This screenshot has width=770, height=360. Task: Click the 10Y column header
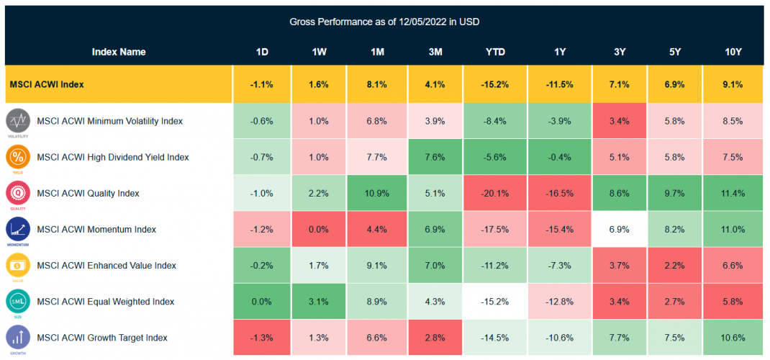pos(733,52)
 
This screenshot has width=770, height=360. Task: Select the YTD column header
pos(495,52)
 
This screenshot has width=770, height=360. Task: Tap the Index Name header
pos(119,52)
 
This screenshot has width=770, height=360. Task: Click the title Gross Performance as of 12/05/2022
pos(384,22)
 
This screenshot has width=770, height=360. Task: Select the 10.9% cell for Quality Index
pos(375,193)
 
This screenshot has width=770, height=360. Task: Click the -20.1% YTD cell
pos(495,193)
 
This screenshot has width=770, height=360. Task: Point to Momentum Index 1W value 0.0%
pos(319,229)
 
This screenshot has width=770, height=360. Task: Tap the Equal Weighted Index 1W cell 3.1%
pos(319,301)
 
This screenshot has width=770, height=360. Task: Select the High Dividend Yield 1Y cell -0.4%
pos(559,157)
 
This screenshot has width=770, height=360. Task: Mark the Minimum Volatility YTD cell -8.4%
pos(495,121)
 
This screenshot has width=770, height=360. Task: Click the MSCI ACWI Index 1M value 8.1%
pos(375,84)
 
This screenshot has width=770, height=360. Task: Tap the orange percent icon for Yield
pos(18,156)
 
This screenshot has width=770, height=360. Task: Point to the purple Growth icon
pos(18,336)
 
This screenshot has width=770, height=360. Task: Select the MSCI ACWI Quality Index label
pos(88,193)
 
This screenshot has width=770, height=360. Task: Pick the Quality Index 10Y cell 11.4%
pos(733,193)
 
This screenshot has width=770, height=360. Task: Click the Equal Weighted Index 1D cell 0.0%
pos(261,301)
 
